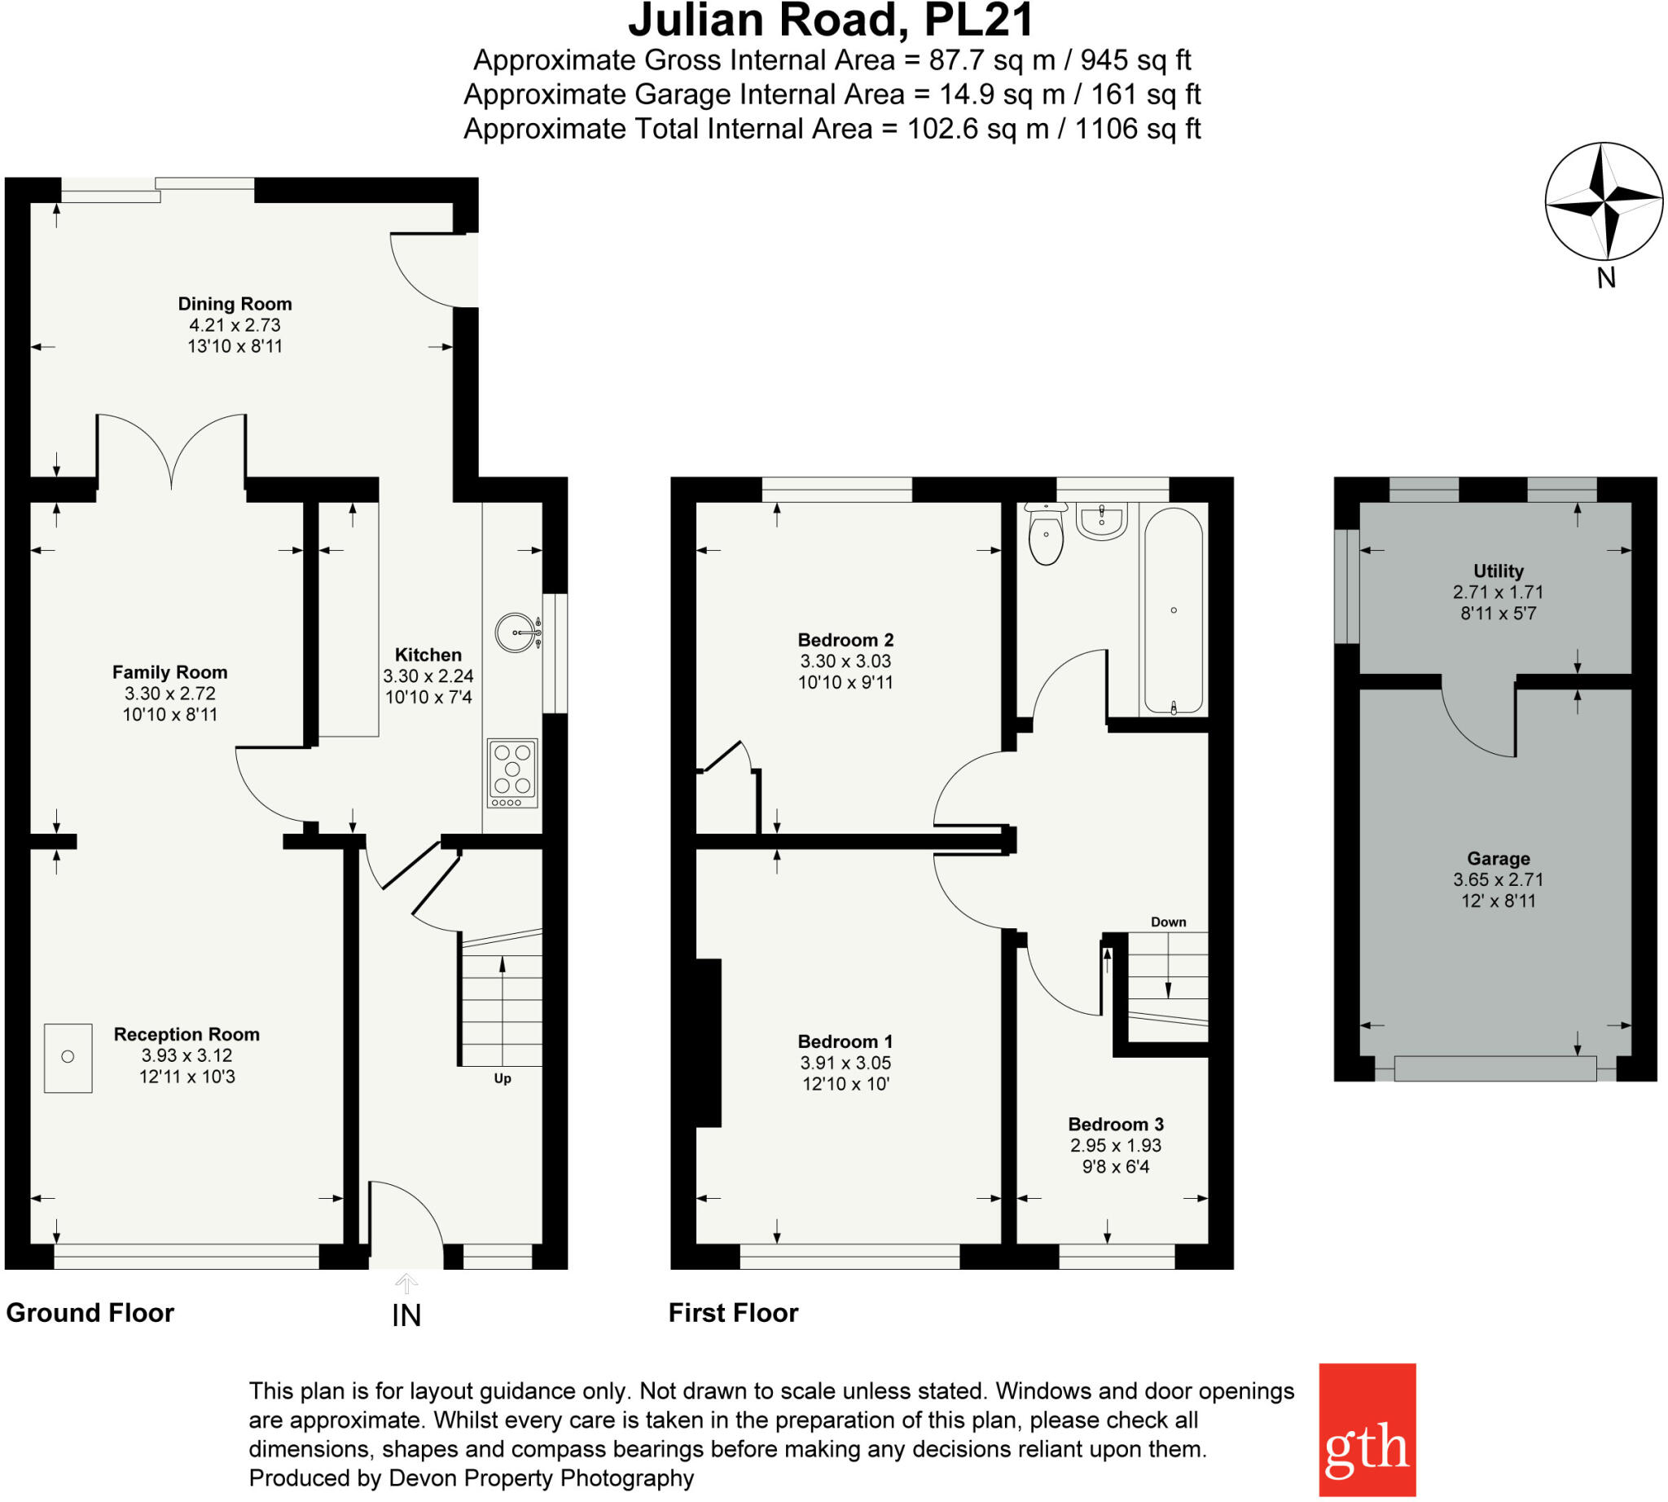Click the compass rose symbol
(x=1603, y=200)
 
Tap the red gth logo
(x=1367, y=1429)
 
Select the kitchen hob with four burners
(x=512, y=773)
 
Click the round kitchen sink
(x=516, y=633)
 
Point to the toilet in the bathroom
(x=1046, y=535)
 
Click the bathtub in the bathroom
(x=1172, y=610)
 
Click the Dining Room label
(x=235, y=304)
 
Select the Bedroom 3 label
(x=1115, y=1124)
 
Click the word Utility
(x=1498, y=570)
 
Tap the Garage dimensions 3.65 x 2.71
(x=1498, y=879)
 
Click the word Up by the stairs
(x=503, y=1079)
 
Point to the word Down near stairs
(x=1168, y=922)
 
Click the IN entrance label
(x=406, y=1315)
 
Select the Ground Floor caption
(x=90, y=1312)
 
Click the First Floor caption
(x=732, y=1312)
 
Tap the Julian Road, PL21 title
(x=831, y=20)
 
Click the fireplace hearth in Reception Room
(x=68, y=1058)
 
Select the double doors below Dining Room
(x=172, y=454)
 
